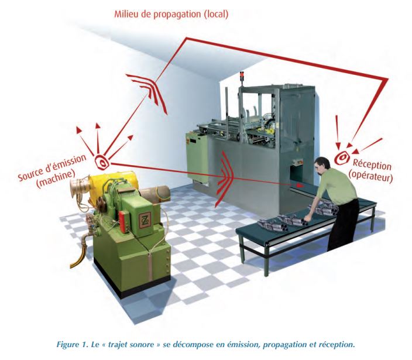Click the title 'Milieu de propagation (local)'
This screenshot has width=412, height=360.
pyautogui.click(x=171, y=14)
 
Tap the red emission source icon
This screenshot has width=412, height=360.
pyautogui.click(x=102, y=162)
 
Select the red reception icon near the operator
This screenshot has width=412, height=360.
pyautogui.click(x=342, y=157)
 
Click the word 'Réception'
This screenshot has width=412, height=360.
pyautogui.click(x=372, y=164)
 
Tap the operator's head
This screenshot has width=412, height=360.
pyautogui.click(x=322, y=166)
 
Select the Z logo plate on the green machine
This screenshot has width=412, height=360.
pyautogui.click(x=145, y=220)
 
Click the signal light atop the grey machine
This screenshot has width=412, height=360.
pyautogui.click(x=242, y=75)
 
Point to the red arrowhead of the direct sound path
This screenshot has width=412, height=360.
pyautogui.click(x=300, y=185)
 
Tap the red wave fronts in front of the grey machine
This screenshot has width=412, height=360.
pyautogui.click(x=224, y=179)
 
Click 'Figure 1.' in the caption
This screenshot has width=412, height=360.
pyautogui.click(x=73, y=344)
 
